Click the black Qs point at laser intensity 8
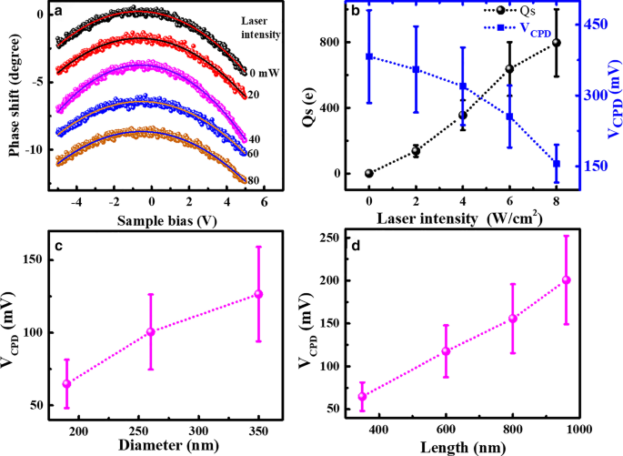point(557,43)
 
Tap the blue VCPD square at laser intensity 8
point(557,164)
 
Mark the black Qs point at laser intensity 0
point(368,173)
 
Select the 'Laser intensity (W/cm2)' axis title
point(463,218)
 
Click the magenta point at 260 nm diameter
point(151,332)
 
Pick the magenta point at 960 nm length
point(567,280)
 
